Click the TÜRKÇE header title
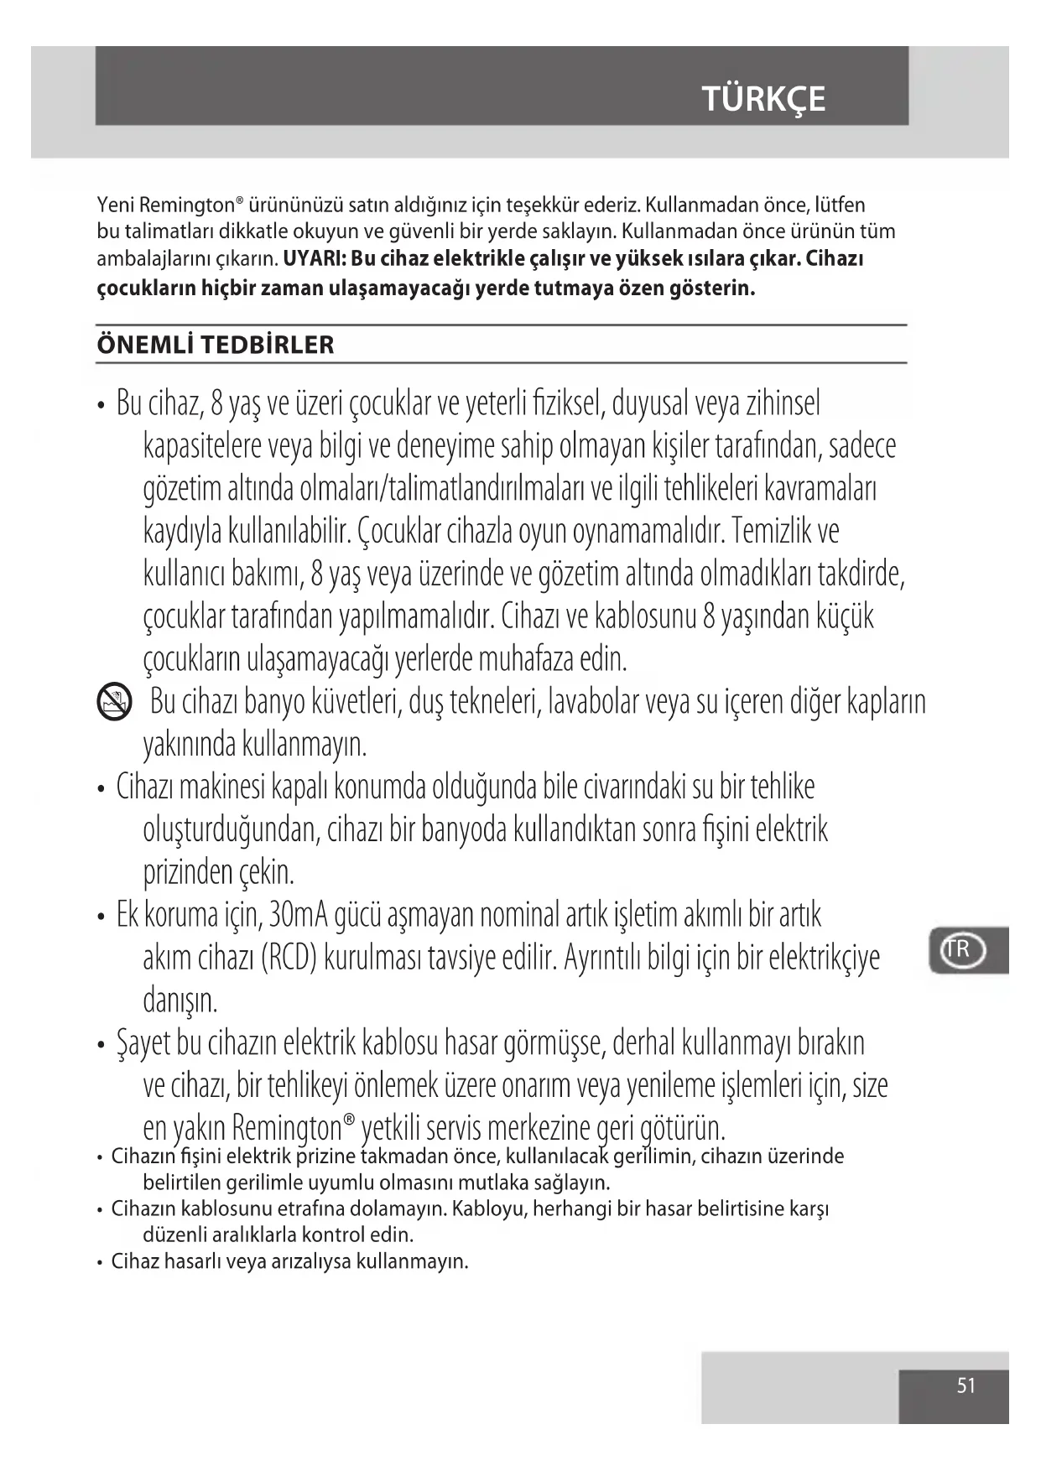(763, 99)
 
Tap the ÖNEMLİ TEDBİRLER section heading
(216, 345)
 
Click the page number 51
(966, 1385)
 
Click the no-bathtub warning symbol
(115, 702)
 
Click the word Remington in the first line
(186, 205)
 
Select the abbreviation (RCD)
(289, 957)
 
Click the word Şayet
(144, 1043)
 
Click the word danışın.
(180, 1000)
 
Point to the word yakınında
(190, 744)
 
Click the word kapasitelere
(203, 445)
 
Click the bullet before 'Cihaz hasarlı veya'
(101, 1262)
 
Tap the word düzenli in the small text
(174, 1234)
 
